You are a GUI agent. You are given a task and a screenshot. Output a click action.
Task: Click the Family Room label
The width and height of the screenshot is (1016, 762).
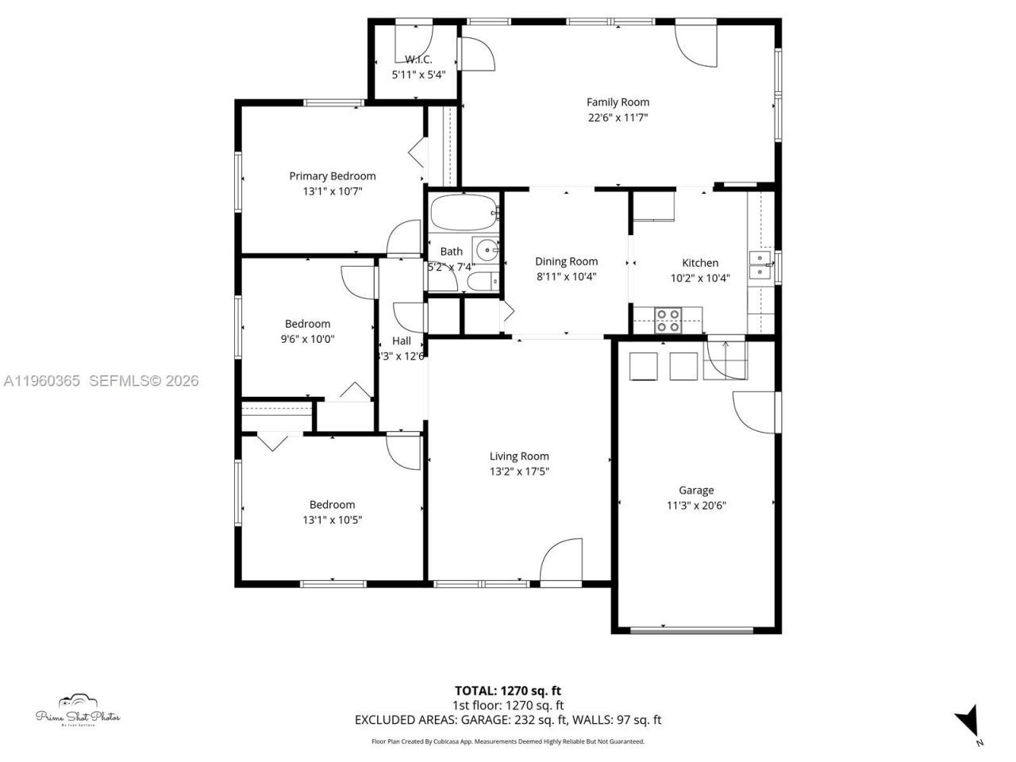[x=618, y=102]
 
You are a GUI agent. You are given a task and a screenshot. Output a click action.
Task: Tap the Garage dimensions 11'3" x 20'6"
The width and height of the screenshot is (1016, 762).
[x=696, y=506]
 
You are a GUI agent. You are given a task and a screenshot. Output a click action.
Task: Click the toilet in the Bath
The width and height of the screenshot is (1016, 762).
[x=483, y=282]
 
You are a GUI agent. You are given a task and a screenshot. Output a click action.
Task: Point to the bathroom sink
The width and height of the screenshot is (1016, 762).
[x=485, y=248]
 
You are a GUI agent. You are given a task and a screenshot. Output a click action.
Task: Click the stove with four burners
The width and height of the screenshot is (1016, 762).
[x=668, y=320]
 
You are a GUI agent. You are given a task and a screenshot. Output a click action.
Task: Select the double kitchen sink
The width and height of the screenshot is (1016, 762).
[x=760, y=265]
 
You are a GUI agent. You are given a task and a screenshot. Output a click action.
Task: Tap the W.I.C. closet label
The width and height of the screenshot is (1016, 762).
[x=418, y=60]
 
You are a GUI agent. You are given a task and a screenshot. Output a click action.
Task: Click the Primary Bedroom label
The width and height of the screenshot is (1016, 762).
[x=332, y=176]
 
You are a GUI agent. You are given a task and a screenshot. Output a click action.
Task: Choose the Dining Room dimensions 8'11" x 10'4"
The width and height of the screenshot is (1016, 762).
[x=566, y=277]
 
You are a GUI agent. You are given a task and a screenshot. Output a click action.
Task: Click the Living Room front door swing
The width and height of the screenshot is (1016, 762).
[x=562, y=562]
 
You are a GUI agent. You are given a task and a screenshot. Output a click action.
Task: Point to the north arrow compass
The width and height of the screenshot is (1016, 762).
[x=968, y=723]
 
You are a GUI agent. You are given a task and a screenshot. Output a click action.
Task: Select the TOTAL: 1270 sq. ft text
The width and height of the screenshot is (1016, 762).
[x=507, y=691]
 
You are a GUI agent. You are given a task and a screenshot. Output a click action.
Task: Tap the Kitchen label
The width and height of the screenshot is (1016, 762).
[x=700, y=263]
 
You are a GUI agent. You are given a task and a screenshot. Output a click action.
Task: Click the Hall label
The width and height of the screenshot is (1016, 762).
[x=401, y=341]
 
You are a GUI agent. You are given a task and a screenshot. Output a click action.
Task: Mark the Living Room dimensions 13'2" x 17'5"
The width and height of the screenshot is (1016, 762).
[x=519, y=471]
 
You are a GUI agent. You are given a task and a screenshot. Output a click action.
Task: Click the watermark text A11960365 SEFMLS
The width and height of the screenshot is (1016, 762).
[x=100, y=381]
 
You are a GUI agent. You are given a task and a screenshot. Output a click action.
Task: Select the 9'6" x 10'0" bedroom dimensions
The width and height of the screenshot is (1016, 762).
[x=307, y=339]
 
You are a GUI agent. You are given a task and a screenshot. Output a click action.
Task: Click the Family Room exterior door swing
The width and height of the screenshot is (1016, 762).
[x=696, y=48]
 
